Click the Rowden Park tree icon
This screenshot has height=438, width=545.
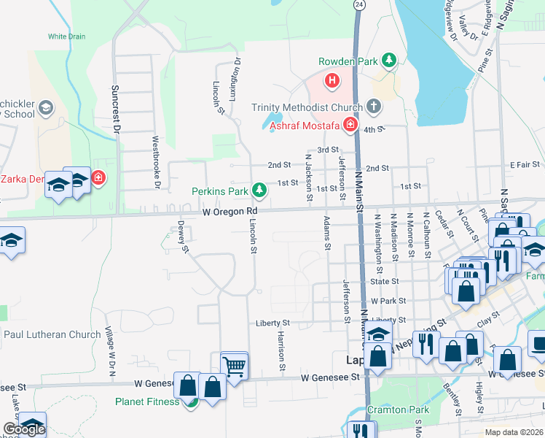click(x=390, y=61)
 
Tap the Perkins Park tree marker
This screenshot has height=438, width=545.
click(x=259, y=191)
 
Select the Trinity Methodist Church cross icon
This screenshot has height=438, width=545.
click(x=374, y=107)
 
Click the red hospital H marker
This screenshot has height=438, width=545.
click(x=332, y=80)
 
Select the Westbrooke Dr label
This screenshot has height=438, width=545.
click(x=155, y=161)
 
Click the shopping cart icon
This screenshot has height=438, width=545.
click(x=234, y=366)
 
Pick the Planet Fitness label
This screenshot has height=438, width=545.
click(x=146, y=401)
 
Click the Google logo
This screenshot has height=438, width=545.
click(x=23, y=429)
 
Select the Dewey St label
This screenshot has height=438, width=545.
click(x=184, y=237)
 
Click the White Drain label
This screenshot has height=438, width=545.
click(x=66, y=36)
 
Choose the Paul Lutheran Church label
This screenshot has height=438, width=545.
click(x=52, y=334)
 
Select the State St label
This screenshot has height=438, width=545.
click(x=385, y=281)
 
